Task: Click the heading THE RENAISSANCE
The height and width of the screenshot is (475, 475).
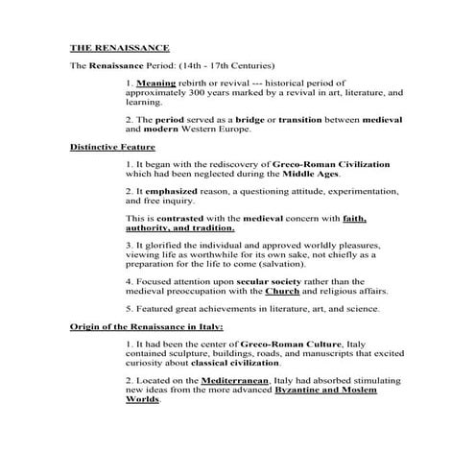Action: pos(119,47)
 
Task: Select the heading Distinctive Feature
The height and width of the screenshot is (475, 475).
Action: pos(113,148)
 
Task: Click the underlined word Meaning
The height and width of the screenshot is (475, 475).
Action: pos(157,84)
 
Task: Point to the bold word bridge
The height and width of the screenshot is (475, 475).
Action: pos(252,119)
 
